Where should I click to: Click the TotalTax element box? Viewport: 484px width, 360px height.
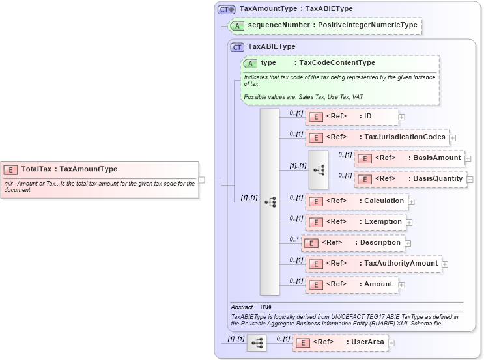click(98, 169)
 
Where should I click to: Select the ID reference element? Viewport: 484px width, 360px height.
click(352, 117)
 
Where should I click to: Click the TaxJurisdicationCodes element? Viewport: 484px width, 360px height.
click(377, 137)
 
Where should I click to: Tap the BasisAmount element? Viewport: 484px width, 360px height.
click(410, 158)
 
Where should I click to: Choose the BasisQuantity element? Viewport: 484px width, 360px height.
click(411, 178)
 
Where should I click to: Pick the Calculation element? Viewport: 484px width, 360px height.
click(357, 201)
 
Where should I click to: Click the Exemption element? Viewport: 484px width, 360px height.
click(356, 222)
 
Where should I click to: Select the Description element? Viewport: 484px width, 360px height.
click(352, 243)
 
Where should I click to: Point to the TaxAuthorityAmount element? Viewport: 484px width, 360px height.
click(373, 264)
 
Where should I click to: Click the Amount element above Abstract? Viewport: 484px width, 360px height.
click(352, 284)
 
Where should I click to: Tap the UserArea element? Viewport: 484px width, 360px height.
click(339, 342)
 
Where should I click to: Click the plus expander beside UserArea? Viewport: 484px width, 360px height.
click(391, 342)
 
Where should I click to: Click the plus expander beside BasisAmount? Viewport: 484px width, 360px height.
click(468, 158)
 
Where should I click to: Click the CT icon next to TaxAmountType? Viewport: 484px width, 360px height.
click(226, 10)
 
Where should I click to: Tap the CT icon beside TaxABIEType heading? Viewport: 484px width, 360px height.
click(238, 47)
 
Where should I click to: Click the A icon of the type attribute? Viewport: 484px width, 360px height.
click(250, 63)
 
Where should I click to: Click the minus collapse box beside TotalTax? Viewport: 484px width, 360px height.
click(202, 180)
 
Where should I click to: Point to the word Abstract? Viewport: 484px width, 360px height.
click(242, 307)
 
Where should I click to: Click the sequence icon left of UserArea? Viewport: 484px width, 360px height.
click(257, 342)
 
